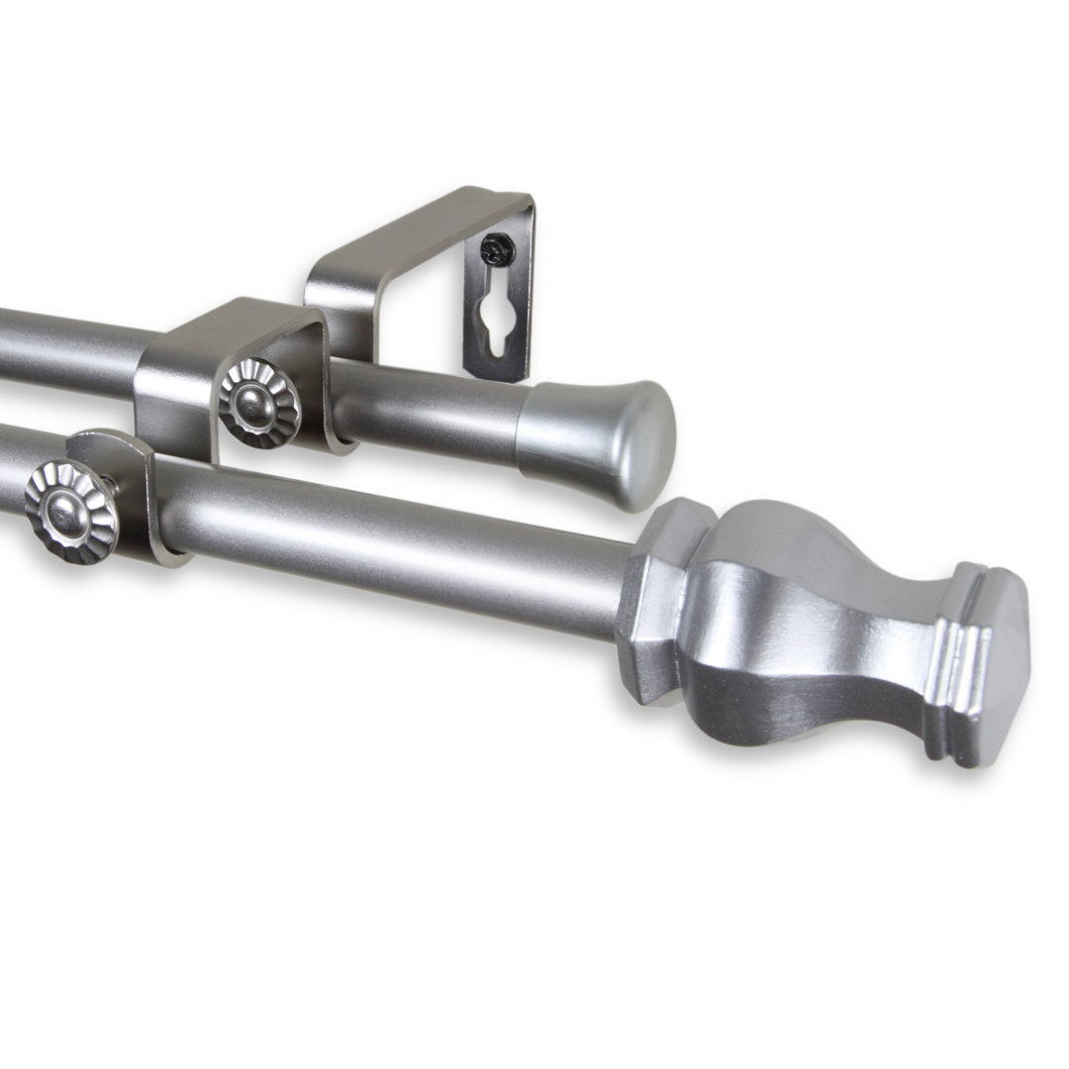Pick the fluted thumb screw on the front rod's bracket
(71, 511)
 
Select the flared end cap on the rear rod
(594, 440)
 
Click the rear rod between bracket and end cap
(426, 411)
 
